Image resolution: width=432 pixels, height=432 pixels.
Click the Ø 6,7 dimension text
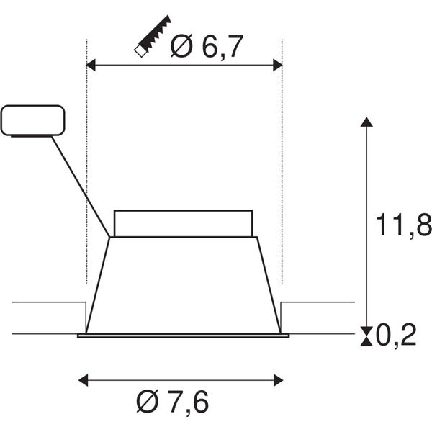click(x=207, y=46)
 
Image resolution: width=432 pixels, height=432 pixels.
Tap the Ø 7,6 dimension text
click(x=173, y=402)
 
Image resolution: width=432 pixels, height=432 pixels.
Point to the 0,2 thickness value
click(x=396, y=335)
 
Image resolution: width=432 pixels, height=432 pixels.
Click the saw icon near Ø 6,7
click(x=153, y=36)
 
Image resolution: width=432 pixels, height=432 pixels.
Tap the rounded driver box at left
click(x=33, y=121)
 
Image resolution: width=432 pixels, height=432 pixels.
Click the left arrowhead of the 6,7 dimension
click(x=91, y=65)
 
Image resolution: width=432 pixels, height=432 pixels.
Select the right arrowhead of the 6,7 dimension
click(x=278, y=65)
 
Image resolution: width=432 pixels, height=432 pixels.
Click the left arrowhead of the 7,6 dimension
click(x=84, y=380)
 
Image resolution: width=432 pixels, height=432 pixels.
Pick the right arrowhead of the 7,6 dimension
click(x=278, y=380)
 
